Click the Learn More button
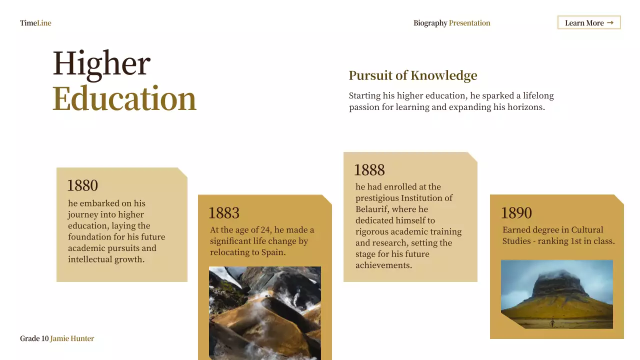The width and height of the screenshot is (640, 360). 589,22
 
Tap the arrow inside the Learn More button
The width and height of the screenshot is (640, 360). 610,22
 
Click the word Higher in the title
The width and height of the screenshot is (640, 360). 101,63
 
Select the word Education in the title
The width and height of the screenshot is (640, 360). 124,98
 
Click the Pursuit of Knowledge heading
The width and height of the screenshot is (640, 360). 413,75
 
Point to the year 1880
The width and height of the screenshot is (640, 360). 82,185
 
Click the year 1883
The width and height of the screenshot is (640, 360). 224,213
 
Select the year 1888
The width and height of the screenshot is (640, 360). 369,170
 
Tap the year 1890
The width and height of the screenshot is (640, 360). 516,213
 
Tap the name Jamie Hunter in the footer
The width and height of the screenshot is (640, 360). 72,338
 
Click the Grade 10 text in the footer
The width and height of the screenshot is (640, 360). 34,338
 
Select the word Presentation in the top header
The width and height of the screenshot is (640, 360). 469,23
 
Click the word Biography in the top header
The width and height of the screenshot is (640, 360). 430,23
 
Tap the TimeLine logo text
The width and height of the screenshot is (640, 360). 35,23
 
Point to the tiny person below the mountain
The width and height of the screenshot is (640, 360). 552,322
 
